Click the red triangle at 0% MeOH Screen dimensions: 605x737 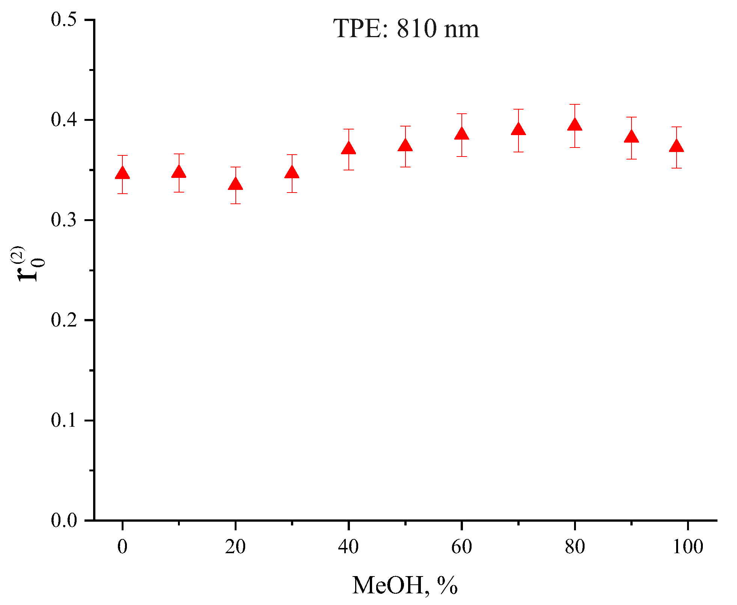122,174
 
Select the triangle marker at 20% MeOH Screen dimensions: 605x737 235,185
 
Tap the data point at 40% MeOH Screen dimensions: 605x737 349,149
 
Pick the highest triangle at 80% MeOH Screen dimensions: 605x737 575,125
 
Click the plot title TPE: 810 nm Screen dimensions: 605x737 406,29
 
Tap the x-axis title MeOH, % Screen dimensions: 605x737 405,585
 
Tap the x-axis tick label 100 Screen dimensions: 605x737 688,547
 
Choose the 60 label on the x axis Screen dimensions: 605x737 461,547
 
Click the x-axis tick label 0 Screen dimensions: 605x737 122,547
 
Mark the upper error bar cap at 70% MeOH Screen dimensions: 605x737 518,109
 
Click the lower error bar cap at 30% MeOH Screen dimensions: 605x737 292,193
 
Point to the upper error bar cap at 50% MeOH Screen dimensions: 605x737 405,126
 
